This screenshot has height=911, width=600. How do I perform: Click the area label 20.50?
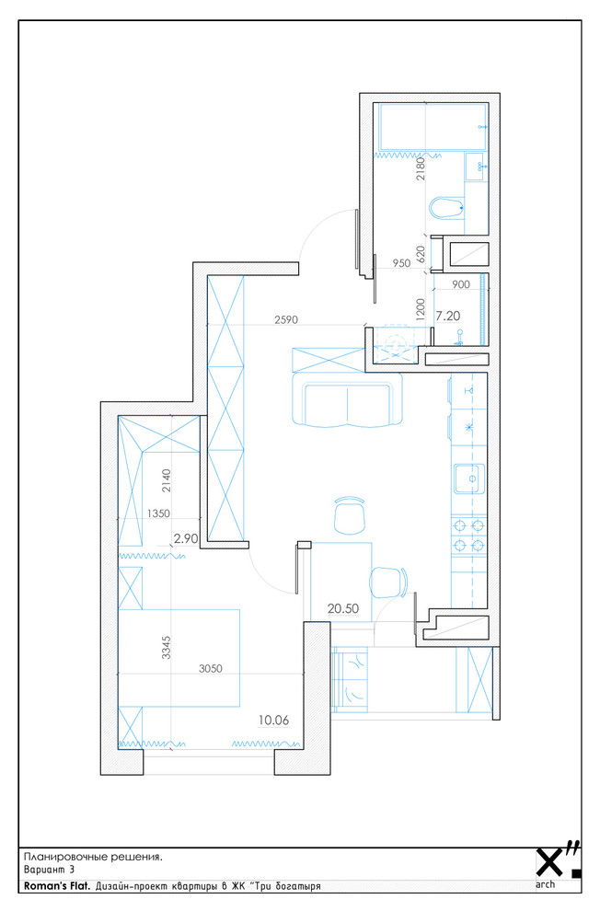(x=342, y=608)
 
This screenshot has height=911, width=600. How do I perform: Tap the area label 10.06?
(x=273, y=720)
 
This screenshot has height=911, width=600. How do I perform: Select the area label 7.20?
(x=448, y=316)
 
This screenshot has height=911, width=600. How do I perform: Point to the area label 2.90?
(x=186, y=538)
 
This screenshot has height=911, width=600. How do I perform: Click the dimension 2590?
(x=286, y=319)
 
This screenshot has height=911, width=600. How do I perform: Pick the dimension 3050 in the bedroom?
(x=210, y=669)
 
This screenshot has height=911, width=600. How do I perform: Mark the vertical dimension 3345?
(x=167, y=647)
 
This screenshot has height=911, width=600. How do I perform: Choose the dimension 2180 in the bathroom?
(x=421, y=169)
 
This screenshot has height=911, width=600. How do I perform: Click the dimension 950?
(x=401, y=263)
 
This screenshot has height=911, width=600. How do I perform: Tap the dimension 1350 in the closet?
(x=158, y=513)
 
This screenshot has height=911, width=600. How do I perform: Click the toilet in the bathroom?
(x=446, y=207)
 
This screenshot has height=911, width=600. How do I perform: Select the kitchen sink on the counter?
(x=468, y=479)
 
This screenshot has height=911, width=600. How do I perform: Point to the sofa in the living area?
(x=347, y=399)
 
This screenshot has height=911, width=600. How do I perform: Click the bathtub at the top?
(x=433, y=127)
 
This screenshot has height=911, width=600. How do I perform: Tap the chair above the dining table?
(x=350, y=515)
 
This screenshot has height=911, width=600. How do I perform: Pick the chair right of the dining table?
(x=388, y=582)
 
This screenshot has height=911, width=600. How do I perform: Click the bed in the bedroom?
(x=179, y=658)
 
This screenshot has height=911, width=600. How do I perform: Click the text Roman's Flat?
(x=57, y=886)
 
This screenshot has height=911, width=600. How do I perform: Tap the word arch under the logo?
(x=546, y=885)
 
